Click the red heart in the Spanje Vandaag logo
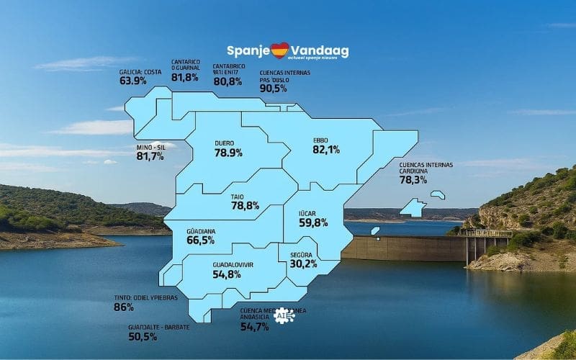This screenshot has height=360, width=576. tap(279, 50)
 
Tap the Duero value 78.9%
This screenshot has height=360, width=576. tap(228, 153)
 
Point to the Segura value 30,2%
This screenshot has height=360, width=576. tap(303, 264)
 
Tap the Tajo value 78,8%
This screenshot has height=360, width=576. tap(245, 205)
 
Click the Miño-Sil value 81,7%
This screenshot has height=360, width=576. tap(150, 157)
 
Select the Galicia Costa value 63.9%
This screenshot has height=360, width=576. tap(133, 81)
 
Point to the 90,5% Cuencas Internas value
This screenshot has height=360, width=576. tap(274, 89)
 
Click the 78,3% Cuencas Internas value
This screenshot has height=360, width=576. tap(414, 179)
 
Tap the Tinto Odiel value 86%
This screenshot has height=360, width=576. tap(124, 307)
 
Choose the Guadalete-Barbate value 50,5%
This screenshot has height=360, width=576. tap(143, 336)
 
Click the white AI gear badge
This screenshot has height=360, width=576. tap(284, 315)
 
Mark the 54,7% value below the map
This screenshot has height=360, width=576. tap(254, 327)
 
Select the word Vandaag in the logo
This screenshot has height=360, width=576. tap(320, 51)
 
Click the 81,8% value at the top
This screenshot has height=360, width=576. tap(185, 78)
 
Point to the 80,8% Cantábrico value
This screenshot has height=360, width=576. tap(228, 81)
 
